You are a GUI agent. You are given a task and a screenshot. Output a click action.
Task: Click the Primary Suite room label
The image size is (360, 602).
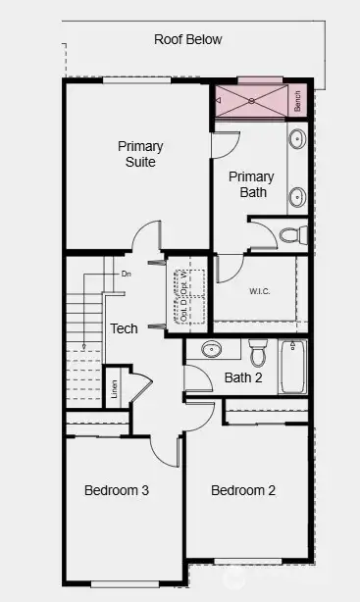coord(140,154)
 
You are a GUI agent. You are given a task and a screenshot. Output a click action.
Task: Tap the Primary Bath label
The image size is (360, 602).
coord(251,184)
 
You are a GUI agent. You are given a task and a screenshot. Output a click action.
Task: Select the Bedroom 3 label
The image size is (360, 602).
coord(116,490)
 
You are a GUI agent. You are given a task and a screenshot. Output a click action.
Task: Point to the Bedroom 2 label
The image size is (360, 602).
coord(243,490)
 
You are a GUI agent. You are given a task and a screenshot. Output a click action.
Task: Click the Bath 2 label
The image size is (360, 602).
coord(243,377)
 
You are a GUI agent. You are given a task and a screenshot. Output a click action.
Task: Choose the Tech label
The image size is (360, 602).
coord(124,329)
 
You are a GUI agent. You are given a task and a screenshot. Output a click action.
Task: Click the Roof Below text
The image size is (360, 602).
coord(187,40)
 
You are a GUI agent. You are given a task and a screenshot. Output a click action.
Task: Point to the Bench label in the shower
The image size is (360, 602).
coord(297,99)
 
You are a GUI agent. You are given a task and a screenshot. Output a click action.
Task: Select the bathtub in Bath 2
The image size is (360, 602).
coord(293,366)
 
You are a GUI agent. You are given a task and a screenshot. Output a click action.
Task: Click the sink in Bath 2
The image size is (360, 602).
coord(211,349)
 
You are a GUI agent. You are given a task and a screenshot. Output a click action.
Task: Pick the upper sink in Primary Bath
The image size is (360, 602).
coord(296,141)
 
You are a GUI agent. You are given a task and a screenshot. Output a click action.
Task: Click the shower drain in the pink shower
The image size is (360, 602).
coord(250,99)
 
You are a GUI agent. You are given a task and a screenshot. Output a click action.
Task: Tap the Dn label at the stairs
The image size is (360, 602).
coord(126,274)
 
